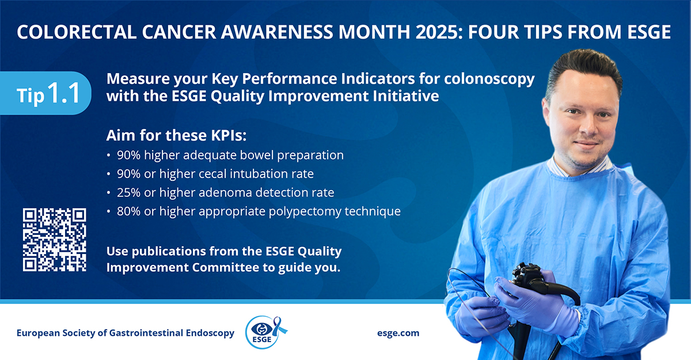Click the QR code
[x=54, y=240]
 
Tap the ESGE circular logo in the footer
[x=263, y=333]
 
